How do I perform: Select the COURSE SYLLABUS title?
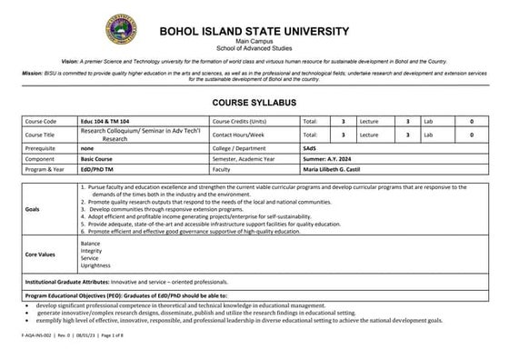pyautogui.click(x=254, y=103)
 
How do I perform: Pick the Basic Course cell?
pyautogui.click(x=98, y=156)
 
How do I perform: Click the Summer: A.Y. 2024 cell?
pyautogui.click(x=331, y=156)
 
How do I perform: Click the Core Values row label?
pyautogui.click(x=42, y=255)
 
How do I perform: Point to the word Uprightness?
pyautogui.click(x=95, y=265)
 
